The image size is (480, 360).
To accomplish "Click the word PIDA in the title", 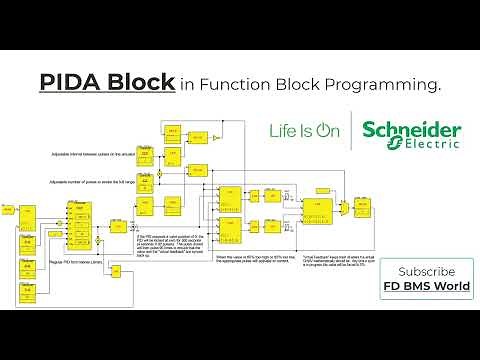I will (x=68, y=83).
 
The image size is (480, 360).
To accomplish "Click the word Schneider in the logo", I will (x=411, y=129).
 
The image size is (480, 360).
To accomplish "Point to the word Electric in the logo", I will (x=431, y=144).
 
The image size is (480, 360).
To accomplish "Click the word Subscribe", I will (x=427, y=271).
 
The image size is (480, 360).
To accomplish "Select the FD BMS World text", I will (x=427, y=286).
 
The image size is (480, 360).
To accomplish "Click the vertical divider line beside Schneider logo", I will (x=351, y=131).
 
